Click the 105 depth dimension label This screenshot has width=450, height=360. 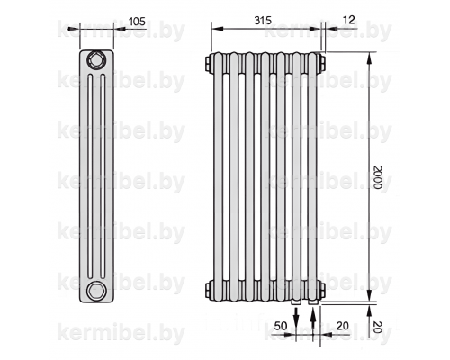point(137,22)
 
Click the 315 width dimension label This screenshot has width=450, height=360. point(263,21)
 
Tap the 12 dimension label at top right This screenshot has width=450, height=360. point(348,20)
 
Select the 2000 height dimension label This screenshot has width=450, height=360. point(378,176)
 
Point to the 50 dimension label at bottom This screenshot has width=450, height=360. point(281,326)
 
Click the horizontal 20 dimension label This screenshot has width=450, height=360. point(343,326)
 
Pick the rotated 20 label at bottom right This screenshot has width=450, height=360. point(378,327)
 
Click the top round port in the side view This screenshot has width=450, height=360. point(96,61)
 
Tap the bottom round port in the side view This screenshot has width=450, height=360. point(96,291)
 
